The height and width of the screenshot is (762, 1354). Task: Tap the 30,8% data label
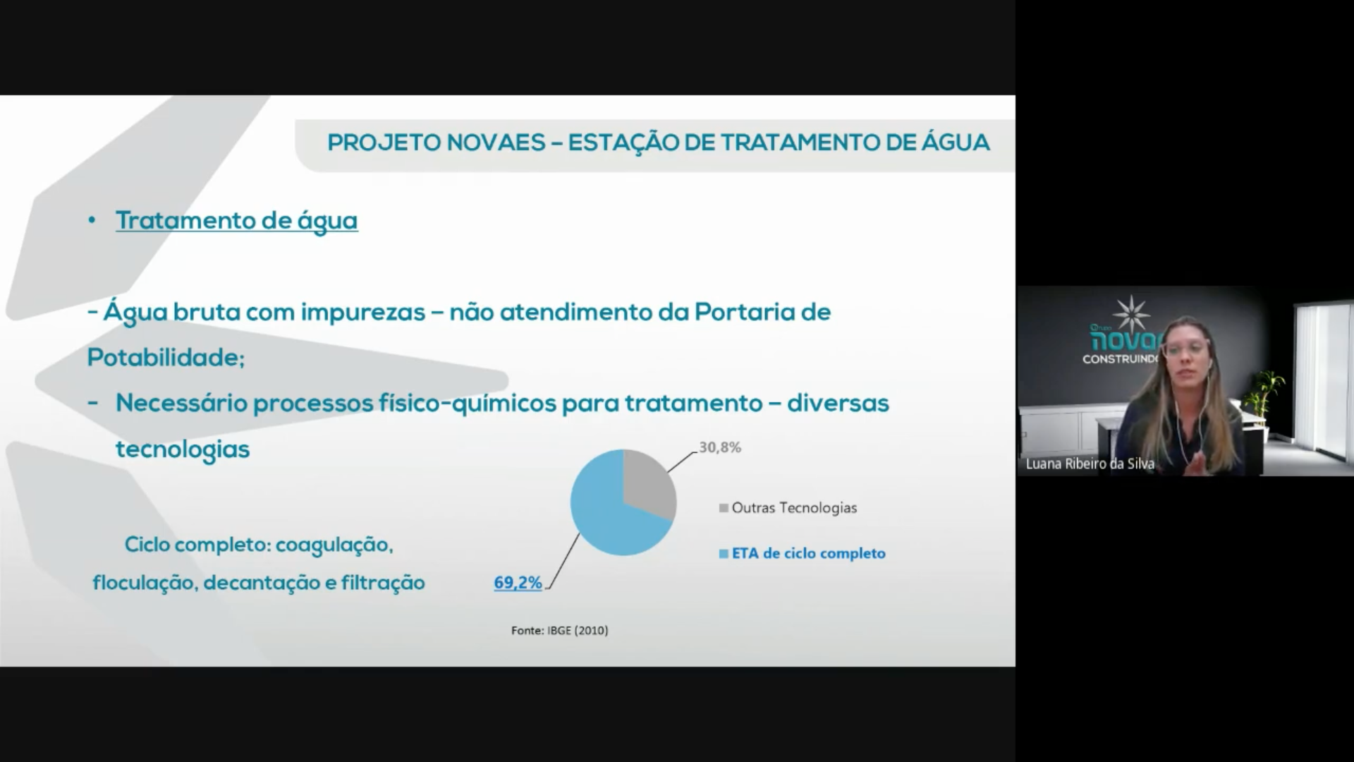click(x=720, y=447)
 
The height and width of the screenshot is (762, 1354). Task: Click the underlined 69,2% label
click(x=518, y=583)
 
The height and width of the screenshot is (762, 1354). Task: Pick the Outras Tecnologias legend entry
click(x=788, y=508)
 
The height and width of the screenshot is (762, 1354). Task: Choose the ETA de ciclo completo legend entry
click(x=802, y=554)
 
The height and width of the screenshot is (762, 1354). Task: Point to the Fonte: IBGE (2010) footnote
click(x=560, y=630)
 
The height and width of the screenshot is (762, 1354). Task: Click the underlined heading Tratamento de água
click(x=237, y=221)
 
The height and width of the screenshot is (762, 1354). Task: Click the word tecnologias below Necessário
click(x=183, y=449)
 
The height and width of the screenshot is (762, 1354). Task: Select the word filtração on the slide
click(x=383, y=583)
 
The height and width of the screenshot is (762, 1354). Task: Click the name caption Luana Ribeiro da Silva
click(x=1090, y=464)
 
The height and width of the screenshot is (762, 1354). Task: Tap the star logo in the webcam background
click(x=1130, y=314)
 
